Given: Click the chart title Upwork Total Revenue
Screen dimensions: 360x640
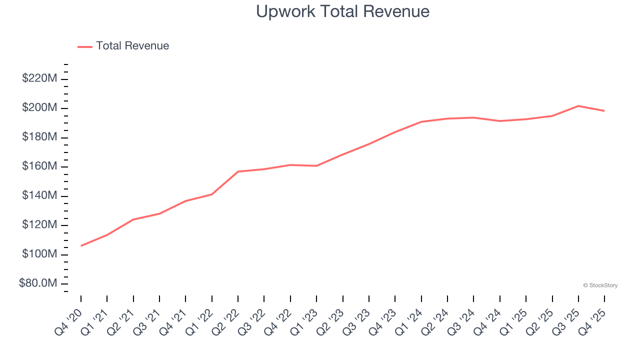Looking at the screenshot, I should [x=342, y=11].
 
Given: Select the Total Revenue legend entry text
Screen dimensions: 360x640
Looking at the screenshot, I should [x=132, y=46].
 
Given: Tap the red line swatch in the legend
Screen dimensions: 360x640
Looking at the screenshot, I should [x=85, y=46].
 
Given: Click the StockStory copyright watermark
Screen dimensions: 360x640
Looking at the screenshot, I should [x=600, y=285].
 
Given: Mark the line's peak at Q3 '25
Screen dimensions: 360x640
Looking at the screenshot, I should [x=578, y=106].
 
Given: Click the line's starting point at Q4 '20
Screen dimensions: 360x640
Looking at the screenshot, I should [x=81, y=245].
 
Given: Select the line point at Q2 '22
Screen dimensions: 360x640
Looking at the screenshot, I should [x=238, y=171].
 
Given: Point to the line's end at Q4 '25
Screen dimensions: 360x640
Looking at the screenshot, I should [x=604, y=110].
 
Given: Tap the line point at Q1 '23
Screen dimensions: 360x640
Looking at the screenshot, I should [x=316, y=165].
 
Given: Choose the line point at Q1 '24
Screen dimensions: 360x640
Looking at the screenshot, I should [x=421, y=121].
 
